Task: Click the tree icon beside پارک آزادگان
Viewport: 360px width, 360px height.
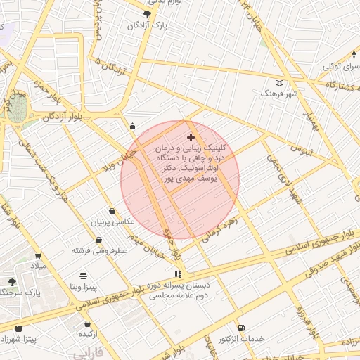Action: click(147, 13)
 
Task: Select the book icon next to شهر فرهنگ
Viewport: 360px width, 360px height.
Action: click(280, 82)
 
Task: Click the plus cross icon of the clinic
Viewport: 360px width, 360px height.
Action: click(191, 136)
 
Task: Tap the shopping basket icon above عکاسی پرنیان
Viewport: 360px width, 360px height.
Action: click(112, 211)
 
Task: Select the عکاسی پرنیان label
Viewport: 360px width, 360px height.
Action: click(110, 222)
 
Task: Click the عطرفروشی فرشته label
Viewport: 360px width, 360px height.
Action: click(98, 250)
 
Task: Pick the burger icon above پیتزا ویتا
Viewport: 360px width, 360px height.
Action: click(84, 275)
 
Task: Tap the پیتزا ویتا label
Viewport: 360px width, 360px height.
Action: click(84, 286)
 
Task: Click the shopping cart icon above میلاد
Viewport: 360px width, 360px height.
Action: click(37, 256)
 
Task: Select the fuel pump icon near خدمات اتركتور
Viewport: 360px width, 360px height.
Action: click(242, 328)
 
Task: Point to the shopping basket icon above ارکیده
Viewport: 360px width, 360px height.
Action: click(87, 324)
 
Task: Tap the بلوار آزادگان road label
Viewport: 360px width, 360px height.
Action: click(73, 116)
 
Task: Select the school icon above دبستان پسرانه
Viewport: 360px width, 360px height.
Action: click(177, 274)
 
